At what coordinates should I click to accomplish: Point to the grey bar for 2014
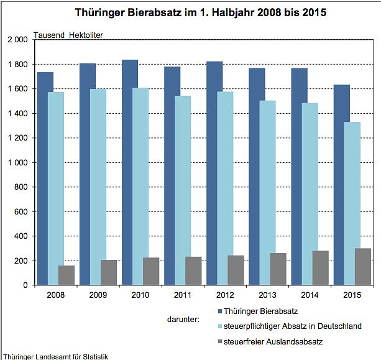(x=320, y=268)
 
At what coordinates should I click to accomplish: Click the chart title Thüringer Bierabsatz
(x=190, y=12)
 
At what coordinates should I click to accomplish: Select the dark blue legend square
(x=220, y=311)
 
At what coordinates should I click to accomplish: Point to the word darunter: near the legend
(x=183, y=319)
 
